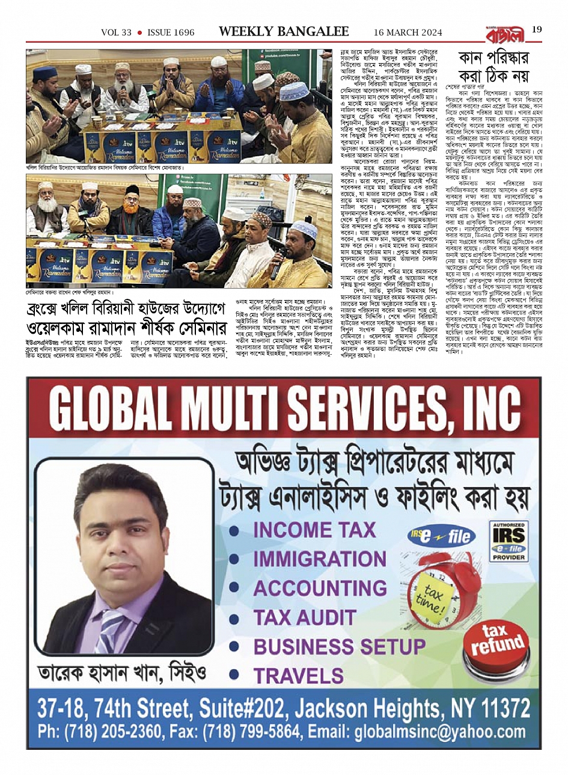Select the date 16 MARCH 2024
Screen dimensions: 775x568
(x=408, y=32)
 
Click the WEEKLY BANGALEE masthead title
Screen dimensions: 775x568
(x=284, y=31)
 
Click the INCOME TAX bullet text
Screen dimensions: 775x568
(x=314, y=530)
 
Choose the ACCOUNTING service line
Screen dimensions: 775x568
(x=320, y=587)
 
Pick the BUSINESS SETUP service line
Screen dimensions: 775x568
(x=339, y=646)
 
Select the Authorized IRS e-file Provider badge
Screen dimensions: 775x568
(x=508, y=542)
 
